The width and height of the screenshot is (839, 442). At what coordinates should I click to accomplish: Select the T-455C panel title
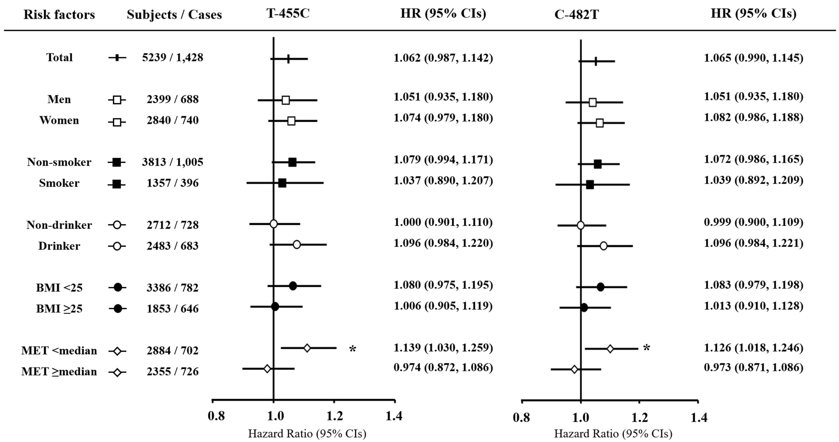coord(288,13)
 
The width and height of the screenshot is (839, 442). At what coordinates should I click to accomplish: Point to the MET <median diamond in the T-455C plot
coord(307,348)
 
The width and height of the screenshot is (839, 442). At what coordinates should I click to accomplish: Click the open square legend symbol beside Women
coord(117,122)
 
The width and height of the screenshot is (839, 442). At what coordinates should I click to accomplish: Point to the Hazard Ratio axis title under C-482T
coord(613,433)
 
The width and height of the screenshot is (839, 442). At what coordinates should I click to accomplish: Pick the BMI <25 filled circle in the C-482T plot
coord(600,287)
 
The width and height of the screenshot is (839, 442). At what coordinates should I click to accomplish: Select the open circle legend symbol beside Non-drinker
coord(117,225)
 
